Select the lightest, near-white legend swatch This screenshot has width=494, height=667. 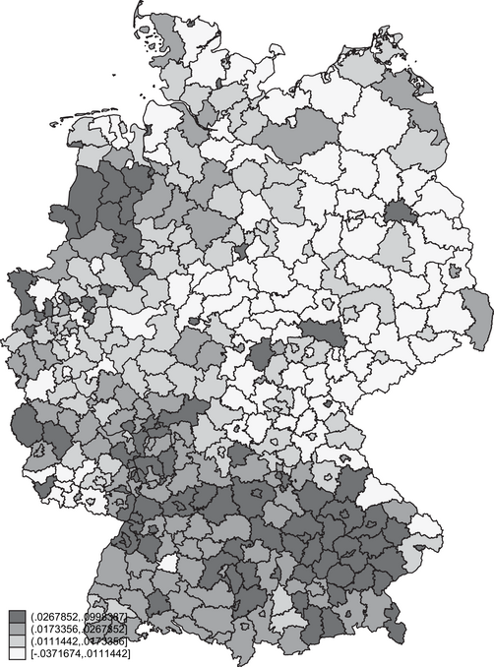tap(17, 652)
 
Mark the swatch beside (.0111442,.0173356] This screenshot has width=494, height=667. tap(17, 640)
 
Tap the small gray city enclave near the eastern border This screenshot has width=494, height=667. tap(456, 269)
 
